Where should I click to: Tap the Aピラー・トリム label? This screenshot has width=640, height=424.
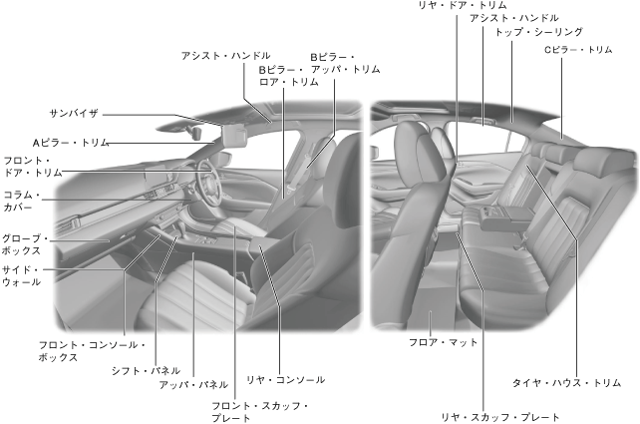click(x=70, y=143)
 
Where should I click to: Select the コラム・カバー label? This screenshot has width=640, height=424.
click(x=19, y=203)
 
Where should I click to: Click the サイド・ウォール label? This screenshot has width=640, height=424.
click(x=21, y=275)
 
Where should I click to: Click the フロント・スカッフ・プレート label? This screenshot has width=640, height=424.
click(x=260, y=412)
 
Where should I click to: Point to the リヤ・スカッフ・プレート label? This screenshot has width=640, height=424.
click(x=499, y=417)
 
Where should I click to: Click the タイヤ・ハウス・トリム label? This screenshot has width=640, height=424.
click(x=566, y=382)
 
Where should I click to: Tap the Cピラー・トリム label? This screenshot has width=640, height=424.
click(x=578, y=49)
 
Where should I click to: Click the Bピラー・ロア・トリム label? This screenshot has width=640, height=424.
click(x=289, y=76)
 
